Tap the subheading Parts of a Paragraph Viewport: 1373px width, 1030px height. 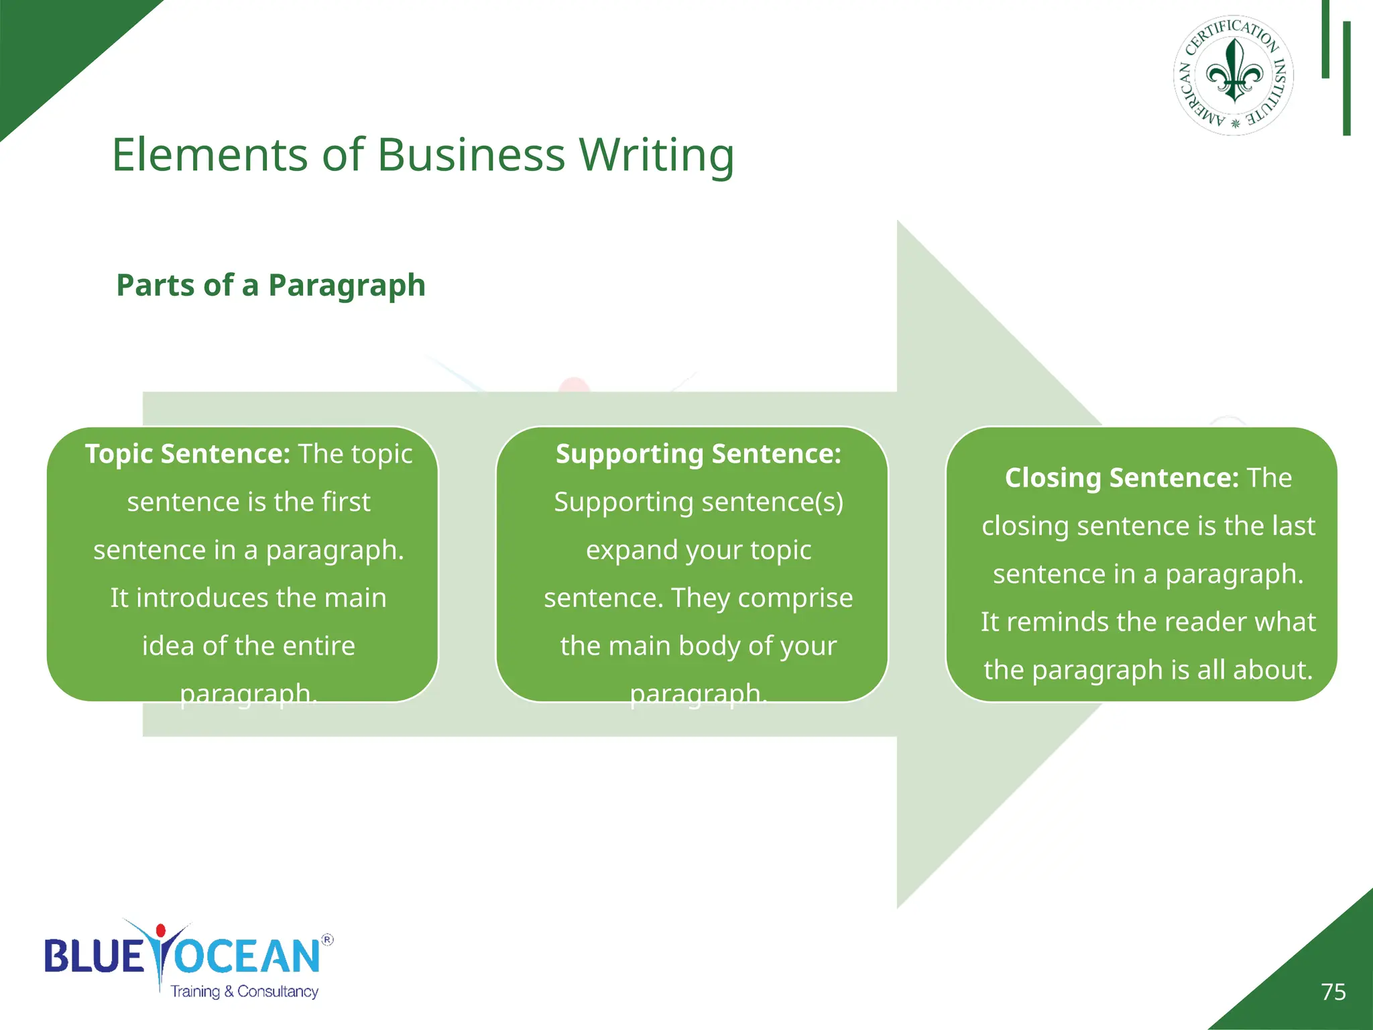point(271,285)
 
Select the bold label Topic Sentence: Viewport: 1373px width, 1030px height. point(188,454)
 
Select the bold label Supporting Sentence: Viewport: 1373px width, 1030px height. point(699,454)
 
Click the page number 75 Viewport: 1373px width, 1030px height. point(1333,992)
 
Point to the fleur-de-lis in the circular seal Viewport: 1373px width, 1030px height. point(1234,71)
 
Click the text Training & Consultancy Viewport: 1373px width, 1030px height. point(244,992)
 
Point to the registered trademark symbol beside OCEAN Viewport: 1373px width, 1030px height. point(327,939)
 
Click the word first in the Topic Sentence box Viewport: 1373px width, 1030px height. point(346,502)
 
